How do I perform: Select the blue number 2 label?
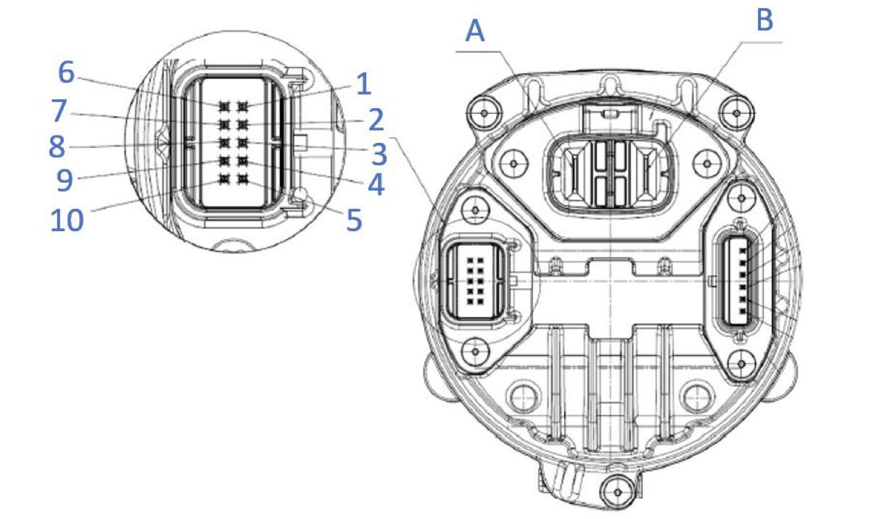[x=374, y=119]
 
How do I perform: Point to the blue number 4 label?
[x=374, y=184]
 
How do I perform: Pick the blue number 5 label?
[x=353, y=220]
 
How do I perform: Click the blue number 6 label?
[x=66, y=72]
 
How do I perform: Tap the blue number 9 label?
[x=65, y=180]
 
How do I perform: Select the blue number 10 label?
[x=67, y=220]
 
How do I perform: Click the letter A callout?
[x=476, y=31]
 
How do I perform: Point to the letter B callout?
[x=764, y=20]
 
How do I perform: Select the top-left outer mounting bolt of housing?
[x=479, y=111]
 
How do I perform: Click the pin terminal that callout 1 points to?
[x=242, y=107]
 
